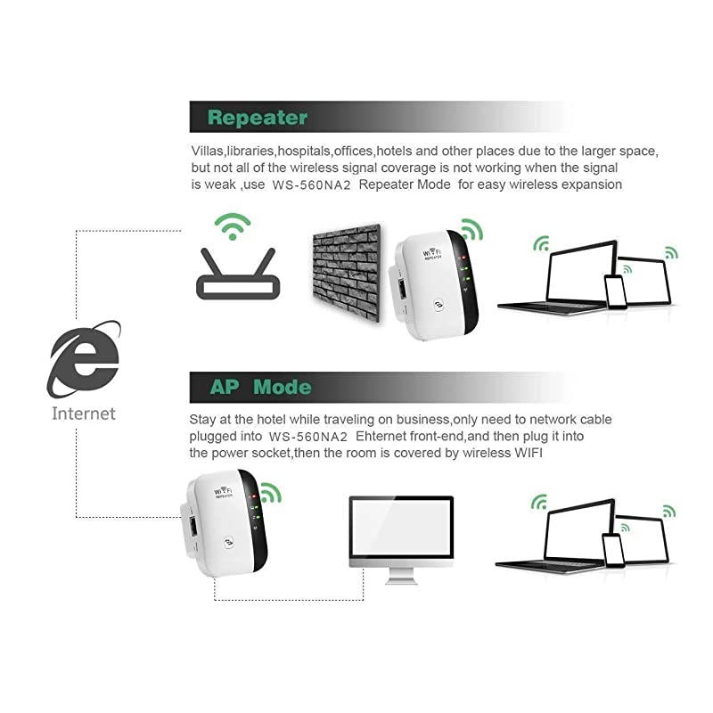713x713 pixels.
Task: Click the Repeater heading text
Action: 257,117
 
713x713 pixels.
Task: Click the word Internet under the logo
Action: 84,414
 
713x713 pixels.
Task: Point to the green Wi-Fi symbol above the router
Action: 234,225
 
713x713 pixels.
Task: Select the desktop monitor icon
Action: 400,535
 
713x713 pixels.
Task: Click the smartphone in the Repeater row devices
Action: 615,291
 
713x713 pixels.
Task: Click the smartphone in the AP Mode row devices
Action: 612,550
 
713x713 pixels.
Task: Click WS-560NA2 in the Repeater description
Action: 316,184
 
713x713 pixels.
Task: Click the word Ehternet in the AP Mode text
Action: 385,437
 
